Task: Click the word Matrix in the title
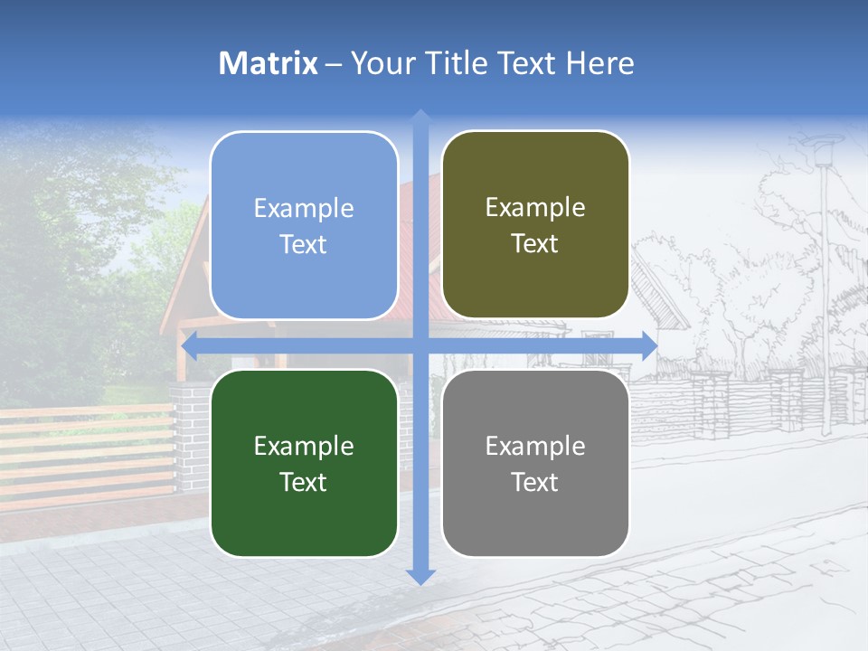(269, 63)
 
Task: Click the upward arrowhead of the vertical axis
(420, 118)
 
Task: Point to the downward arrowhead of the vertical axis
(420, 576)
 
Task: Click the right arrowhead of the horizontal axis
(649, 345)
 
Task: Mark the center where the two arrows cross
(420, 345)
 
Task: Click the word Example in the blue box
(304, 209)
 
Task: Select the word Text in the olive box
(535, 244)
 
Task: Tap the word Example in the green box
(304, 446)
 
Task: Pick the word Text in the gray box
(535, 482)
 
